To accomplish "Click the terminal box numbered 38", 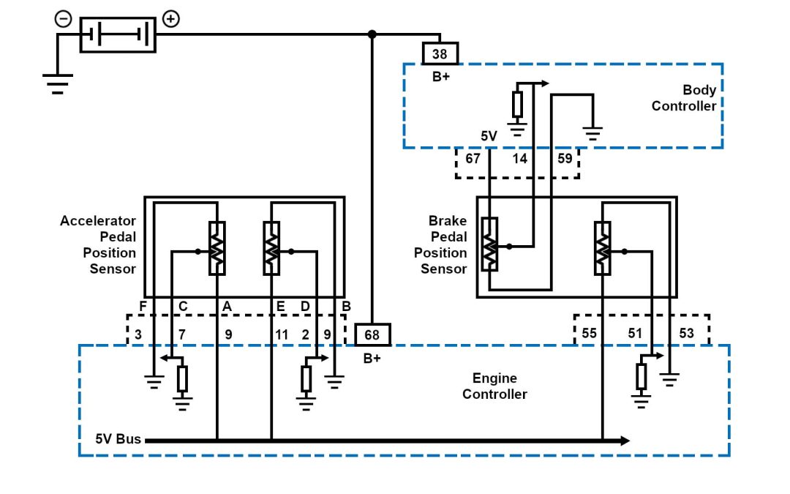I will coord(440,53).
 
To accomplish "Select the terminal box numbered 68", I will coord(372,334).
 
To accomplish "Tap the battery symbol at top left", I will coord(118,34).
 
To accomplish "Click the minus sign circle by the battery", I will coord(64,20).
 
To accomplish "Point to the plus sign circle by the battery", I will coord(170,19).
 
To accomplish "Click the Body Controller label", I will coord(684,98).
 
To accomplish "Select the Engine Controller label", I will coord(494,386).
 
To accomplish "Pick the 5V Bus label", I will coord(118,440).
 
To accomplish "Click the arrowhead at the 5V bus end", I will coord(624,441).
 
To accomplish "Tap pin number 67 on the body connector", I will coord(473,157).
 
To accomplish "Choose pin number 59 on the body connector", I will coord(565,157).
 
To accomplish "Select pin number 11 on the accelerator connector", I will coord(282,334).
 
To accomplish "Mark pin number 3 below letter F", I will coord(138,334).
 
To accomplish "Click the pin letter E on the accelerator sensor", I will coord(280,306).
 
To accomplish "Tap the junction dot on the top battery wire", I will coord(372,34).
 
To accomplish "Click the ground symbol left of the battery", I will coord(57,83).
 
